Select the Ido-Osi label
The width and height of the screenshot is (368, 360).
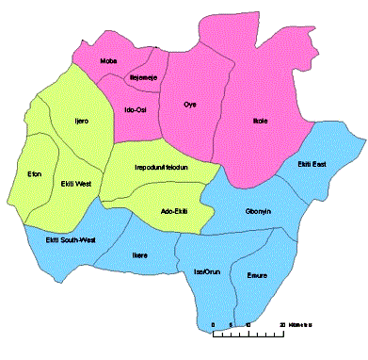(x=136, y=109)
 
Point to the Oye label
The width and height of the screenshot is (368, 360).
(x=189, y=104)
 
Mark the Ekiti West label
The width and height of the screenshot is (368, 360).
(x=74, y=183)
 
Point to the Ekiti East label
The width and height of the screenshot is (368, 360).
(x=312, y=166)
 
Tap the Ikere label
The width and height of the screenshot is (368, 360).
(x=139, y=254)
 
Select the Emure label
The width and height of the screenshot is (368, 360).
(x=256, y=275)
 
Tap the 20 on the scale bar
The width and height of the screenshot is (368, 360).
(x=282, y=323)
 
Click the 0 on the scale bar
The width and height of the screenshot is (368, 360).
(x=215, y=323)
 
